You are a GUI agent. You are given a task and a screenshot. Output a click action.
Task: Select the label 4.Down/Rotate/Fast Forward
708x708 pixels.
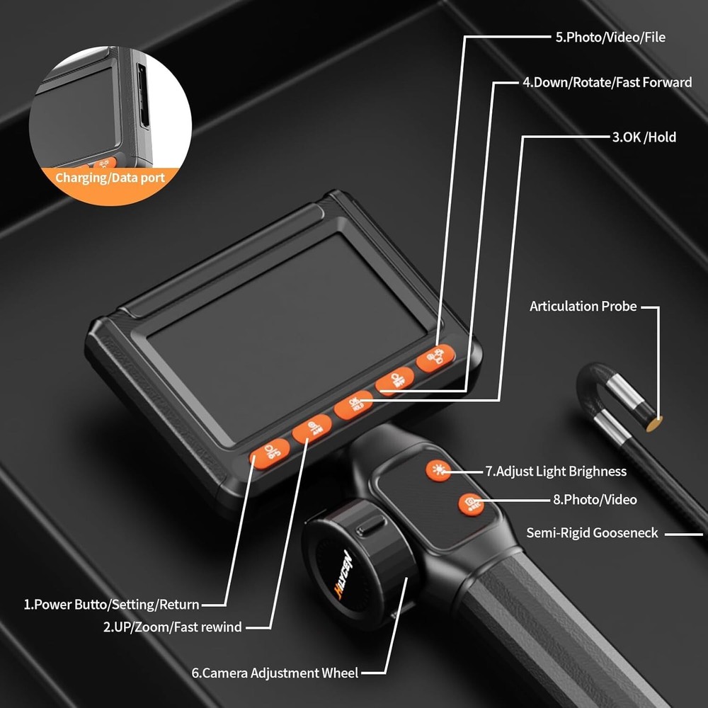(x=607, y=82)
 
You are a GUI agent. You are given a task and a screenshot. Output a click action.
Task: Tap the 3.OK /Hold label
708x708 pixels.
(x=644, y=137)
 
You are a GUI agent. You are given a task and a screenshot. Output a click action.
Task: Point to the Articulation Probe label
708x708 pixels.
(x=583, y=307)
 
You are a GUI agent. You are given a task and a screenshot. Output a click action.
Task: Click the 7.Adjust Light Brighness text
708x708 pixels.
(x=556, y=471)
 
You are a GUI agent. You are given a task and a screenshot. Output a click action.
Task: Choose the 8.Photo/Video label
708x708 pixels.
(x=595, y=500)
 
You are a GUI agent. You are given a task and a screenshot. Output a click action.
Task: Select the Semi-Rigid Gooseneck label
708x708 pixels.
(x=592, y=532)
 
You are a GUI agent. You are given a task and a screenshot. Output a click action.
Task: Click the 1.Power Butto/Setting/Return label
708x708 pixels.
(x=112, y=605)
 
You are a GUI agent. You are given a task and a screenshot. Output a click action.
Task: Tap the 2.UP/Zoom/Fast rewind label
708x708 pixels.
(x=172, y=627)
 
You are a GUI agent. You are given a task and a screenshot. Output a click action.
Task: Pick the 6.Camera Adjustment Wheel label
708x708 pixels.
(x=275, y=673)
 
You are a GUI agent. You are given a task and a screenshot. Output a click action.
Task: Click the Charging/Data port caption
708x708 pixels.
(x=110, y=178)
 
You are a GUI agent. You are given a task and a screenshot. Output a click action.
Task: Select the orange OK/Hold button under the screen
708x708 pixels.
(x=353, y=405)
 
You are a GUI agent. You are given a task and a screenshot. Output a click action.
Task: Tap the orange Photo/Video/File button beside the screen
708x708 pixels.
(x=432, y=358)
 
